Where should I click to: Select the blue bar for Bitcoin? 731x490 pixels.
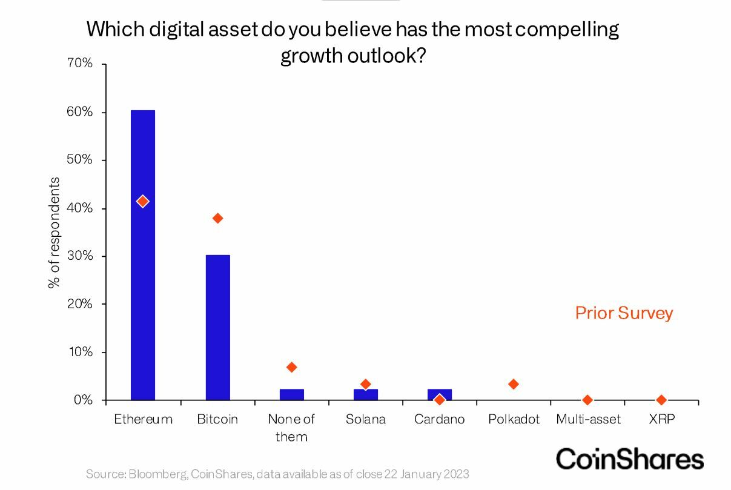217,327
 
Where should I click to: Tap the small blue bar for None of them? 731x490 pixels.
291,394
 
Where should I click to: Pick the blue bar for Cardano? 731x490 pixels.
439,392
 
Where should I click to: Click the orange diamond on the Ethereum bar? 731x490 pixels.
142,201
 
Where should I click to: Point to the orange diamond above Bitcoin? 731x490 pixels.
217,218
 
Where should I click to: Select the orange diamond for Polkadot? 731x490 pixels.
514,384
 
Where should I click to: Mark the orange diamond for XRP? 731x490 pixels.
661,400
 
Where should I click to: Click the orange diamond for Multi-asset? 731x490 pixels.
587,400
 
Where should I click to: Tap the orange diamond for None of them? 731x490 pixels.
291,367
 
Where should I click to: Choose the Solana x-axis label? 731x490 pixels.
365,419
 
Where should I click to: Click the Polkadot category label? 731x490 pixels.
514,419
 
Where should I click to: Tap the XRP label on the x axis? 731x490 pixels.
661,419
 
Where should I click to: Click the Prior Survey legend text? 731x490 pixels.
624,313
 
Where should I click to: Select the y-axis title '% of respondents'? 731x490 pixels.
55,233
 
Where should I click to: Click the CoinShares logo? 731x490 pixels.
629,459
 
